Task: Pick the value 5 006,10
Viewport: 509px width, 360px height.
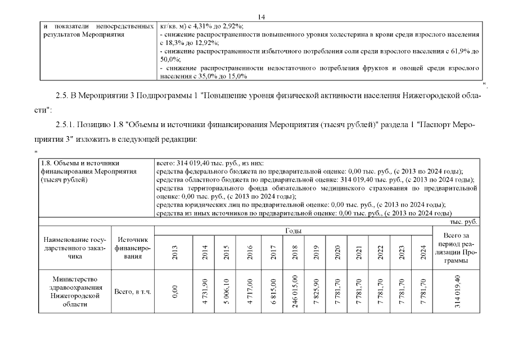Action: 227,291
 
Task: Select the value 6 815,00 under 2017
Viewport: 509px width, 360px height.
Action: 273,291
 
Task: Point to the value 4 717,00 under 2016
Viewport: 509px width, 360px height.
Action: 250,291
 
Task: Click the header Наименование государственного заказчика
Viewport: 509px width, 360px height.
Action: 75,248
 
